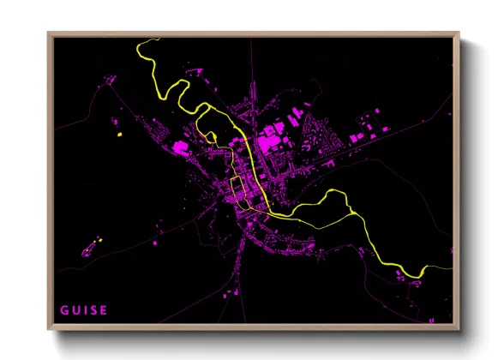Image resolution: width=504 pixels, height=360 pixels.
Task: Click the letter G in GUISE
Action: tap(64, 309)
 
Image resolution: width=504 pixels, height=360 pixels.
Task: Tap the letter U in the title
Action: tap(75, 309)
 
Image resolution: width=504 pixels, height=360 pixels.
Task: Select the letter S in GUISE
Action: tap(93, 309)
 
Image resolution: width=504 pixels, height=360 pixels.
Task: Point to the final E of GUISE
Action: tap(104, 309)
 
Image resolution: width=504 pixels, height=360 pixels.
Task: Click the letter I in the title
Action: tap(85, 309)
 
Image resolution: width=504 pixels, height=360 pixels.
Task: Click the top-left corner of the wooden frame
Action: tap(49, 35)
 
